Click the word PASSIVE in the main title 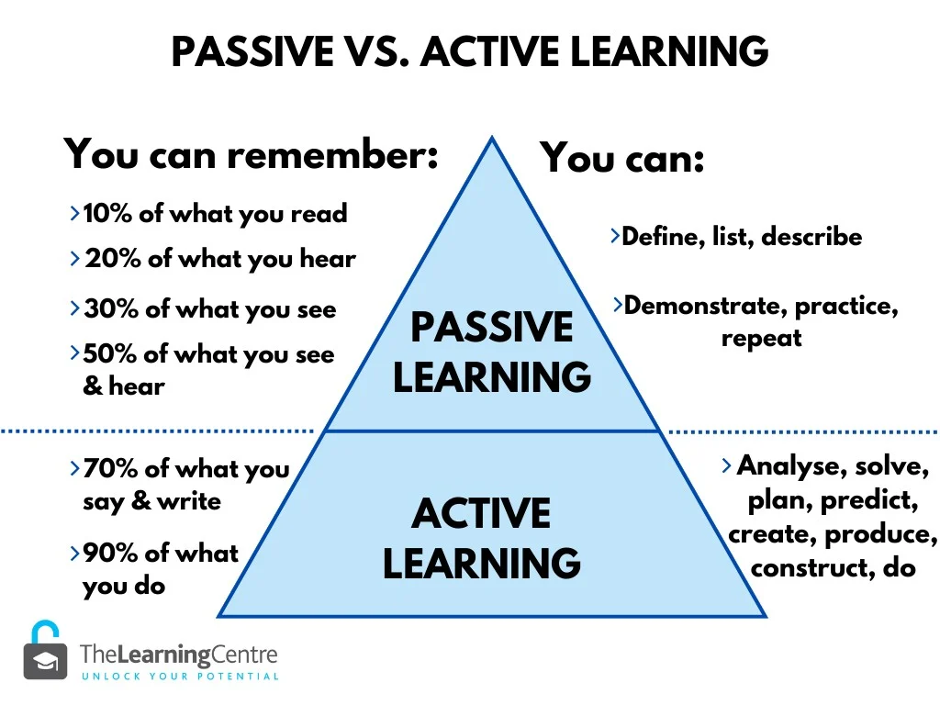[x=252, y=51]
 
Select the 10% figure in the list [x=107, y=213]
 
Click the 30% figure [x=111, y=308]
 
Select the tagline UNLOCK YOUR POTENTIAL [x=180, y=677]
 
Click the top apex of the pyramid [x=492, y=138]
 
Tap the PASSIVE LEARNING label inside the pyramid [x=492, y=352]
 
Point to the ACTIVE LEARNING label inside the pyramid [x=482, y=538]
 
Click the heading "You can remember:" [x=252, y=154]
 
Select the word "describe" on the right [x=811, y=236]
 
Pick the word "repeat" [x=761, y=339]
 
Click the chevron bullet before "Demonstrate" [x=618, y=305]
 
